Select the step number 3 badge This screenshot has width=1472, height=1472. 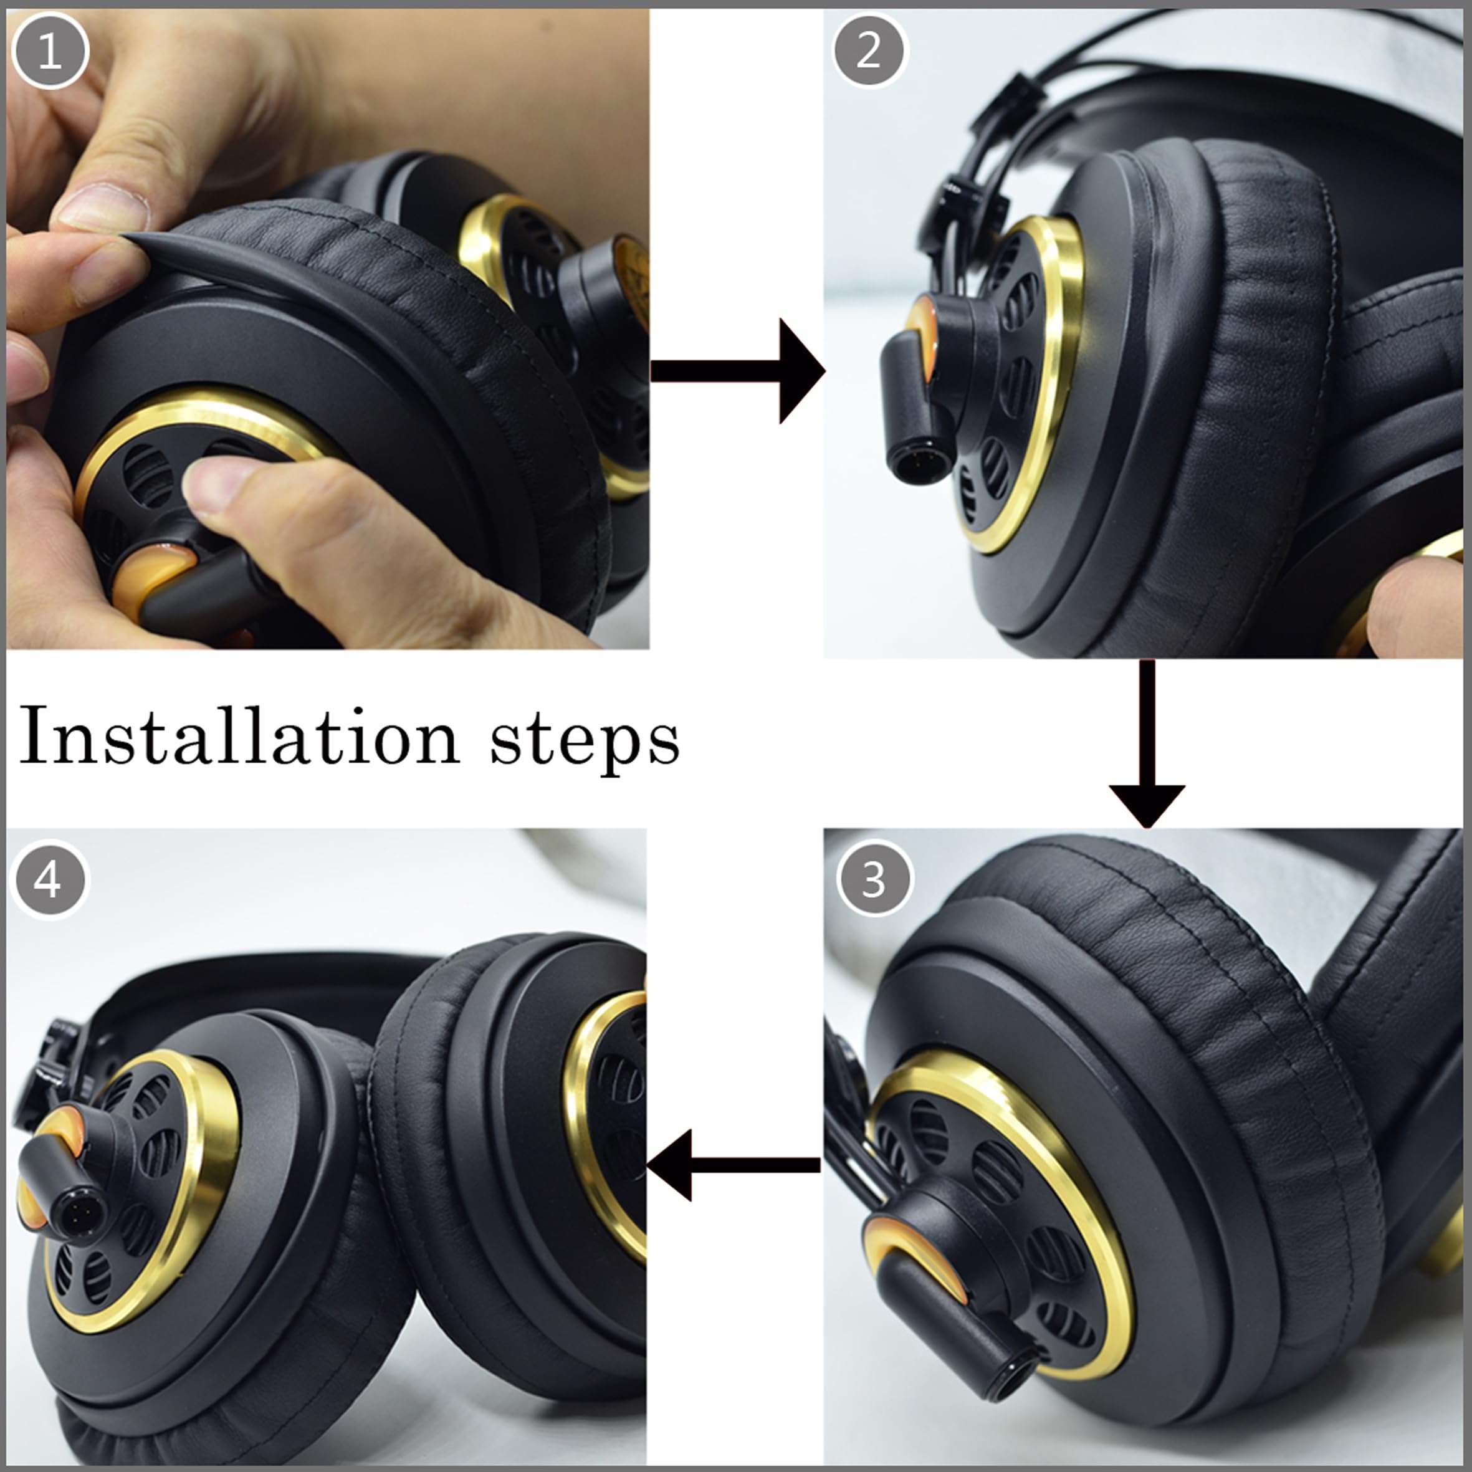click(873, 880)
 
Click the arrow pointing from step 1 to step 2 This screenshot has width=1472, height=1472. click(735, 371)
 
